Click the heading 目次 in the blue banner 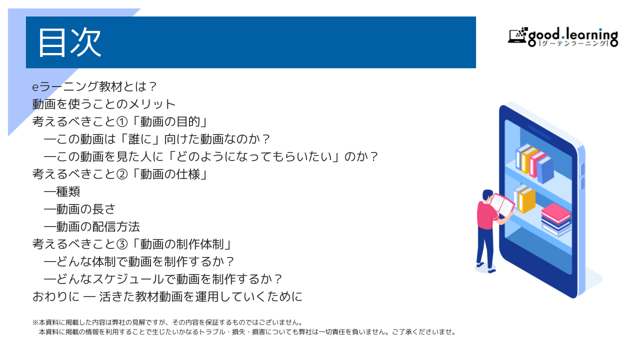click(69, 42)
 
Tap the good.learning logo click(563, 37)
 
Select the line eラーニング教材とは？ click(94, 86)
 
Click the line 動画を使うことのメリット click(103, 104)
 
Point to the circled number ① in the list click(122, 121)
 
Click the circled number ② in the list click(122, 174)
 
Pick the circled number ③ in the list click(122, 244)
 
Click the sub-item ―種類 click(62, 191)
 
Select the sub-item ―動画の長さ click(79, 209)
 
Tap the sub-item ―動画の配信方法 click(91, 227)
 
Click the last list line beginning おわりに click(167, 296)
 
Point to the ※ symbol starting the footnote click(35, 322)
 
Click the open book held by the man click(502, 204)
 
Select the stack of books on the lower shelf click(556, 219)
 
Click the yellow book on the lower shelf click(527, 200)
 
